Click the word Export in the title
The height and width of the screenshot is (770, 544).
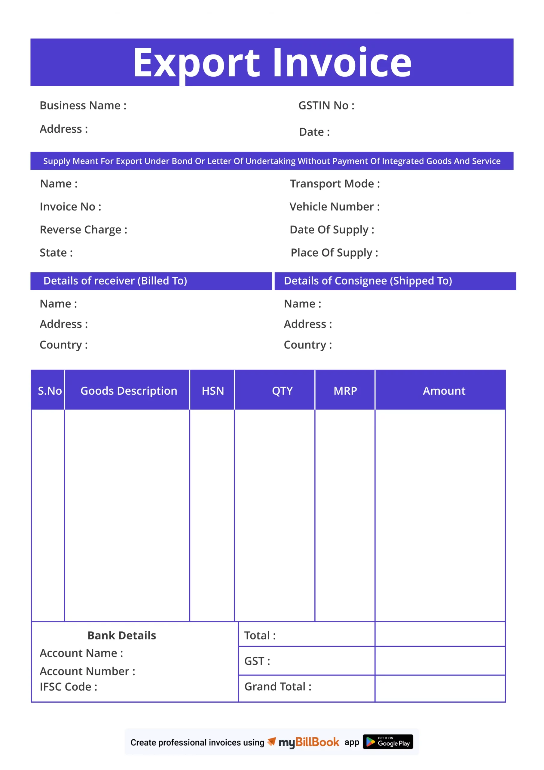[196, 63]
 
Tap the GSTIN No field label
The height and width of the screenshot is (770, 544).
[326, 106]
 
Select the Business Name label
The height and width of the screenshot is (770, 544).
[83, 106]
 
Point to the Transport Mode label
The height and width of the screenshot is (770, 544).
[335, 184]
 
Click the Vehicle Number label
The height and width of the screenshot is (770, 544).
[334, 207]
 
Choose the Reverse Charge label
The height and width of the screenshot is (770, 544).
[83, 230]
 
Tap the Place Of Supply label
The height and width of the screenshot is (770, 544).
[334, 253]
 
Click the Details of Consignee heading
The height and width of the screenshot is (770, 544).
[368, 281]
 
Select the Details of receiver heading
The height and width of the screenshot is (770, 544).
[115, 281]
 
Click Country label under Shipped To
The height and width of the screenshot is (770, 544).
[307, 345]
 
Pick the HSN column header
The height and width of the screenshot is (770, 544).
[212, 391]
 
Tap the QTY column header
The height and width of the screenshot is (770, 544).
[282, 391]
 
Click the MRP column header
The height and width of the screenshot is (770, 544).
[345, 391]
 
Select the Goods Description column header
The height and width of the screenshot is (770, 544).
[129, 391]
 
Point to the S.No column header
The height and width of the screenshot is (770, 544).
[50, 391]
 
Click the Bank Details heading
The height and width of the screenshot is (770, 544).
[122, 636]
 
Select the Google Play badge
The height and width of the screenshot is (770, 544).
[388, 742]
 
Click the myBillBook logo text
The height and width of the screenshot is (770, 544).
[309, 742]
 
